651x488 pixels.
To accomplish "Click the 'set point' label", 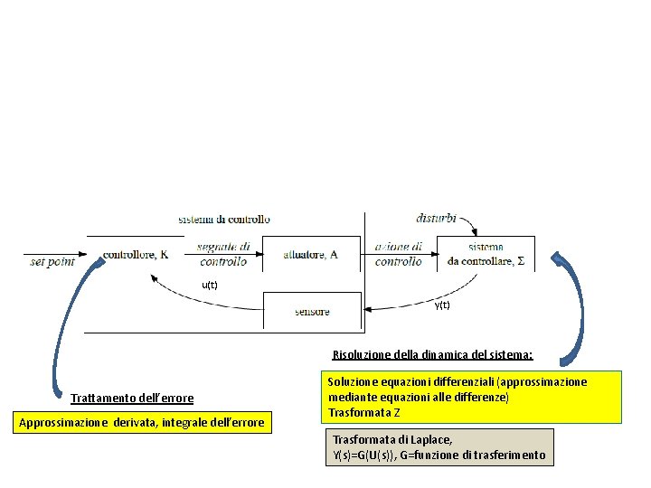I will tap(52, 261).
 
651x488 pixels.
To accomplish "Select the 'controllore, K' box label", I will tap(136, 255).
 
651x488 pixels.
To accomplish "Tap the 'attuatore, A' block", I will tap(310, 255).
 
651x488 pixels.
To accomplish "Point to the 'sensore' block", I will tap(312, 312).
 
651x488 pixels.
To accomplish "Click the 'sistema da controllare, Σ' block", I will tap(486, 254).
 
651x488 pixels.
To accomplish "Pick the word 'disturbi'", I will tap(436, 218).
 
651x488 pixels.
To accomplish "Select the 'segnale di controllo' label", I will tap(223, 254).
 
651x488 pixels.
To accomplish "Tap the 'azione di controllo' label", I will tap(398, 254).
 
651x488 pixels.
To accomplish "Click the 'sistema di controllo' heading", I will tap(224, 219).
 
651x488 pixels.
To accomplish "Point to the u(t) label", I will tap(209, 285).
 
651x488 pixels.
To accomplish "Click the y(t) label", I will tap(441, 305).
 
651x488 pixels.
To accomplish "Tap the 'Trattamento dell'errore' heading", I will tap(132, 398).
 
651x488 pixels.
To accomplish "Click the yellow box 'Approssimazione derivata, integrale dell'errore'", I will tap(142, 422).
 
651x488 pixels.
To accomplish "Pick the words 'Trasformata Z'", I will tap(363, 413).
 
